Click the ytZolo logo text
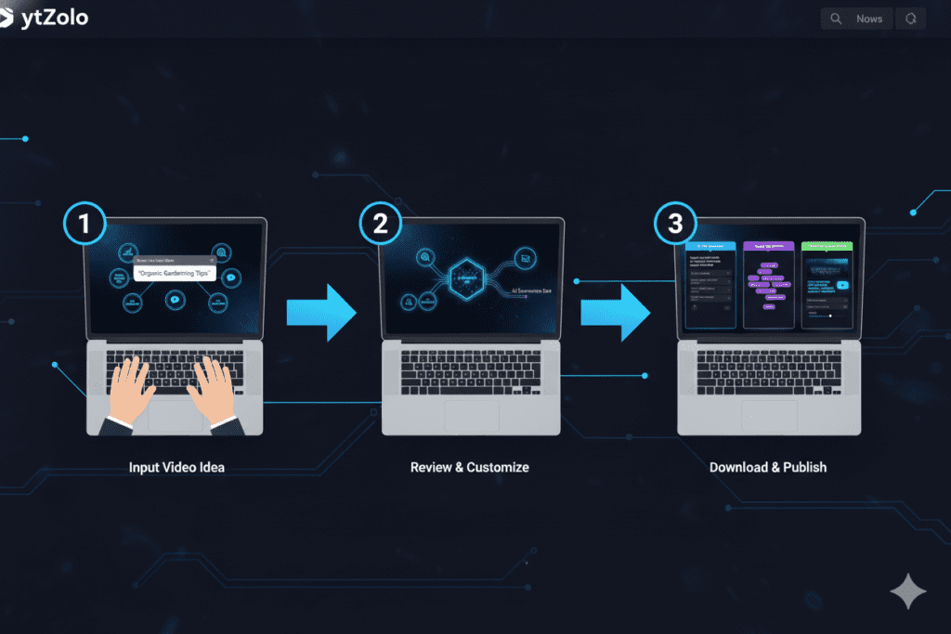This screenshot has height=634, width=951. point(55,18)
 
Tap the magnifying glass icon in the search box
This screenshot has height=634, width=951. point(836,19)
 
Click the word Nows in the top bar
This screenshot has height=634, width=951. point(869,19)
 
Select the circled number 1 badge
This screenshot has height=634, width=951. point(85,224)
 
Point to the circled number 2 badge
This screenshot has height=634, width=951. point(380,224)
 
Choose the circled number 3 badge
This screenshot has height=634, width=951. point(675,224)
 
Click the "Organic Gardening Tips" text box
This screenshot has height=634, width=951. point(175,275)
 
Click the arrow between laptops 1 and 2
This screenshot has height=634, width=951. point(321,314)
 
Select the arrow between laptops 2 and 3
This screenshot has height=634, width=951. point(617,314)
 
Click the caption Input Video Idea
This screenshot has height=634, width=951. point(176,467)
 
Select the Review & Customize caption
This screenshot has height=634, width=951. point(470,467)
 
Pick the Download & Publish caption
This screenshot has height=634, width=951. point(768,467)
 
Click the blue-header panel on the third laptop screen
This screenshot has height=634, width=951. point(710,283)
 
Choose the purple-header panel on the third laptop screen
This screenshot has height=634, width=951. point(770,283)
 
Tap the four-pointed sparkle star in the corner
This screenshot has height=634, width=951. point(907,591)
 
